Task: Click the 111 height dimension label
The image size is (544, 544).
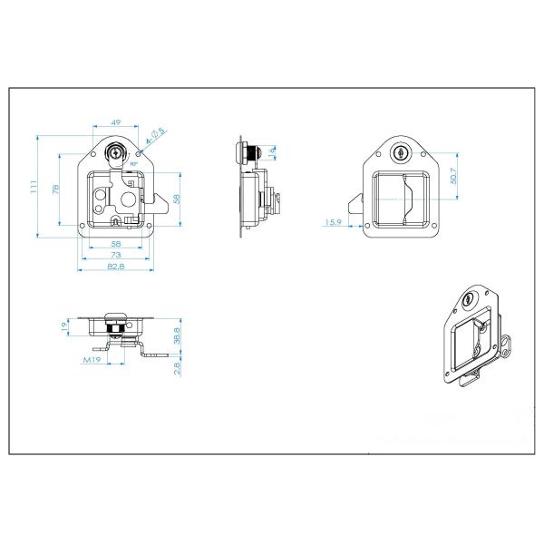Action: pyautogui.click(x=33, y=187)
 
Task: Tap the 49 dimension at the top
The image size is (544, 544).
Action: pyautogui.click(x=116, y=122)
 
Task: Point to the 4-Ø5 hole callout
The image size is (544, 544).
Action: pyautogui.click(x=156, y=133)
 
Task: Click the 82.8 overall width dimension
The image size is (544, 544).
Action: pyautogui.click(x=116, y=267)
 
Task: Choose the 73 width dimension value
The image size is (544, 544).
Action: pyautogui.click(x=116, y=257)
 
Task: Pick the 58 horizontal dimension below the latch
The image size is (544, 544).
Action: pyautogui.click(x=116, y=245)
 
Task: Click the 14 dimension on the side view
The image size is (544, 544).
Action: pyautogui.click(x=272, y=151)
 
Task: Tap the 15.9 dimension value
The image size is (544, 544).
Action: pyautogui.click(x=333, y=222)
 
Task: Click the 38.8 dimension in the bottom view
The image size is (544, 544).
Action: pyautogui.click(x=179, y=335)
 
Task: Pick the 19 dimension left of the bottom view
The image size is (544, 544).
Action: pyautogui.click(x=63, y=325)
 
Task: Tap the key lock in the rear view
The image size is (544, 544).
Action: pyautogui.click(x=401, y=153)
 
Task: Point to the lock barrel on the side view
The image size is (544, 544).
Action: pyautogui.click(x=260, y=152)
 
